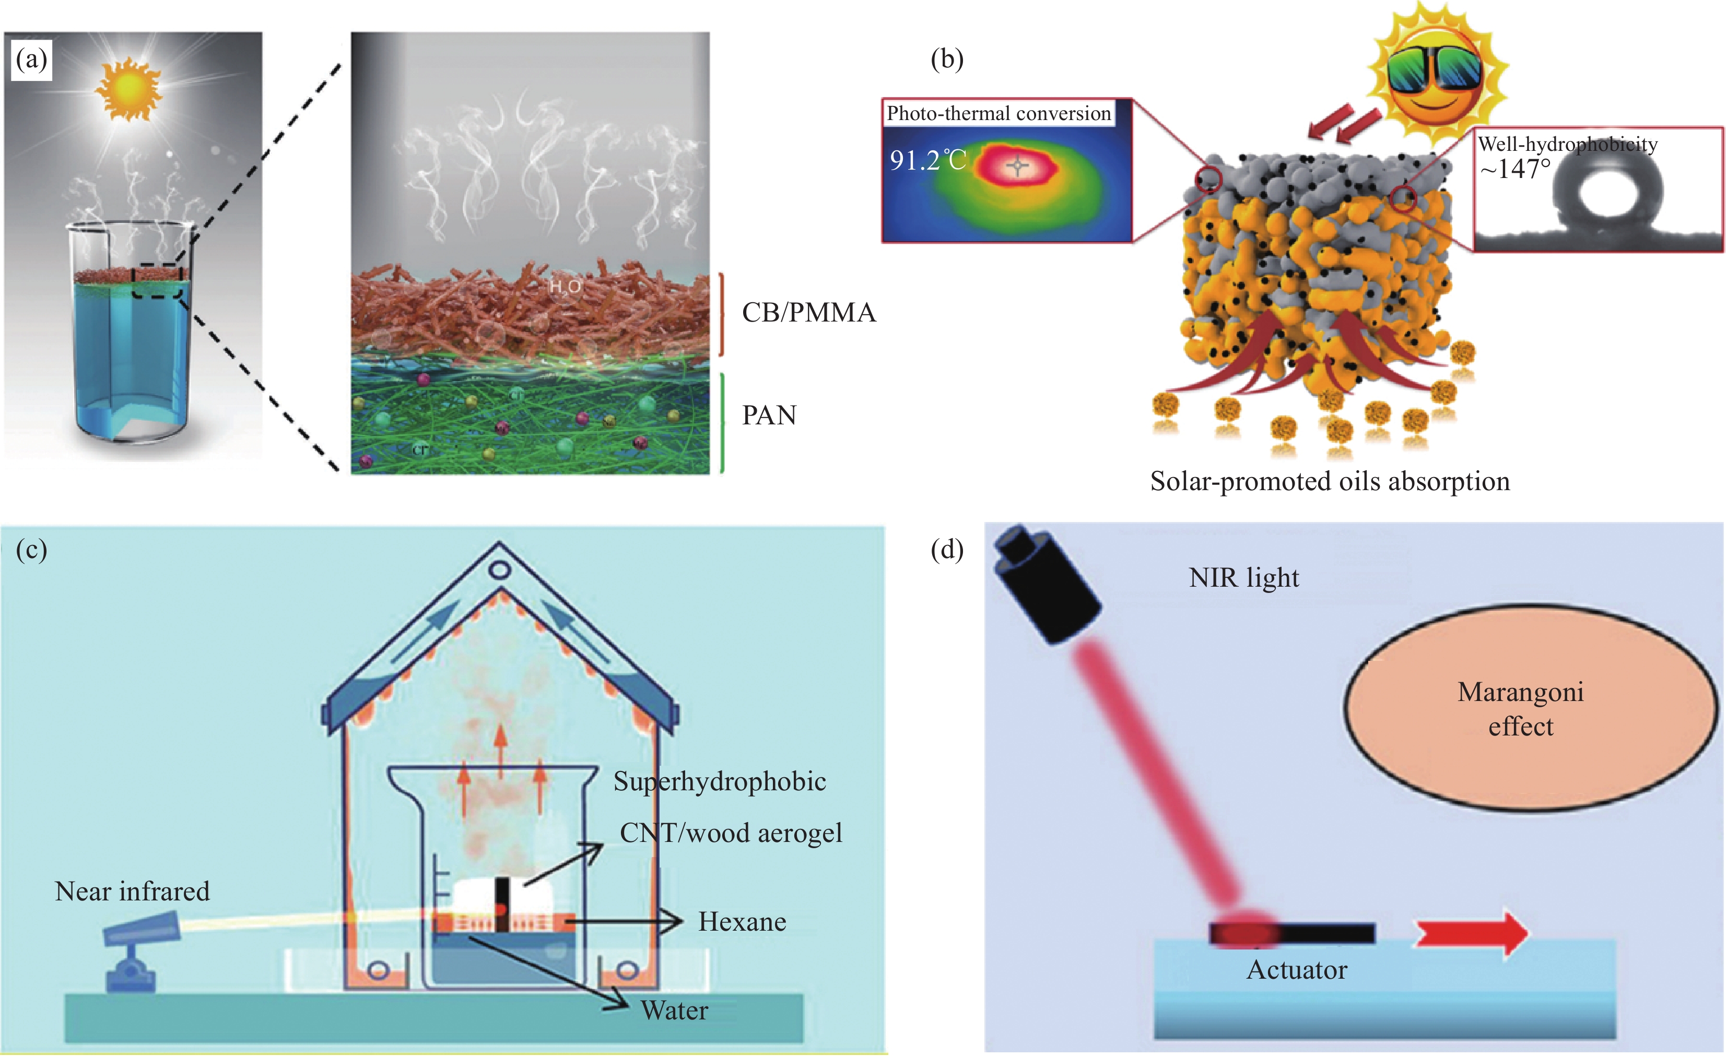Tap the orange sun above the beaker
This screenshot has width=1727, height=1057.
[130, 88]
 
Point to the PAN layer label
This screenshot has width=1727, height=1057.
[769, 415]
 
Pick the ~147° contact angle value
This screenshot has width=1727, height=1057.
[1514, 169]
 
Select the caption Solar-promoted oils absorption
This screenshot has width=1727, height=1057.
[1330, 481]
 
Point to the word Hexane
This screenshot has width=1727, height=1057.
[742, 922]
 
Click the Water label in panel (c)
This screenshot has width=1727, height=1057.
[674, 1010]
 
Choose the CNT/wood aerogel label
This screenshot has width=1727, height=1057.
[730, 833]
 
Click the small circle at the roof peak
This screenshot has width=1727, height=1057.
[499, 570]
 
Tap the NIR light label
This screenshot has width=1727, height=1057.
[1243, 578]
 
